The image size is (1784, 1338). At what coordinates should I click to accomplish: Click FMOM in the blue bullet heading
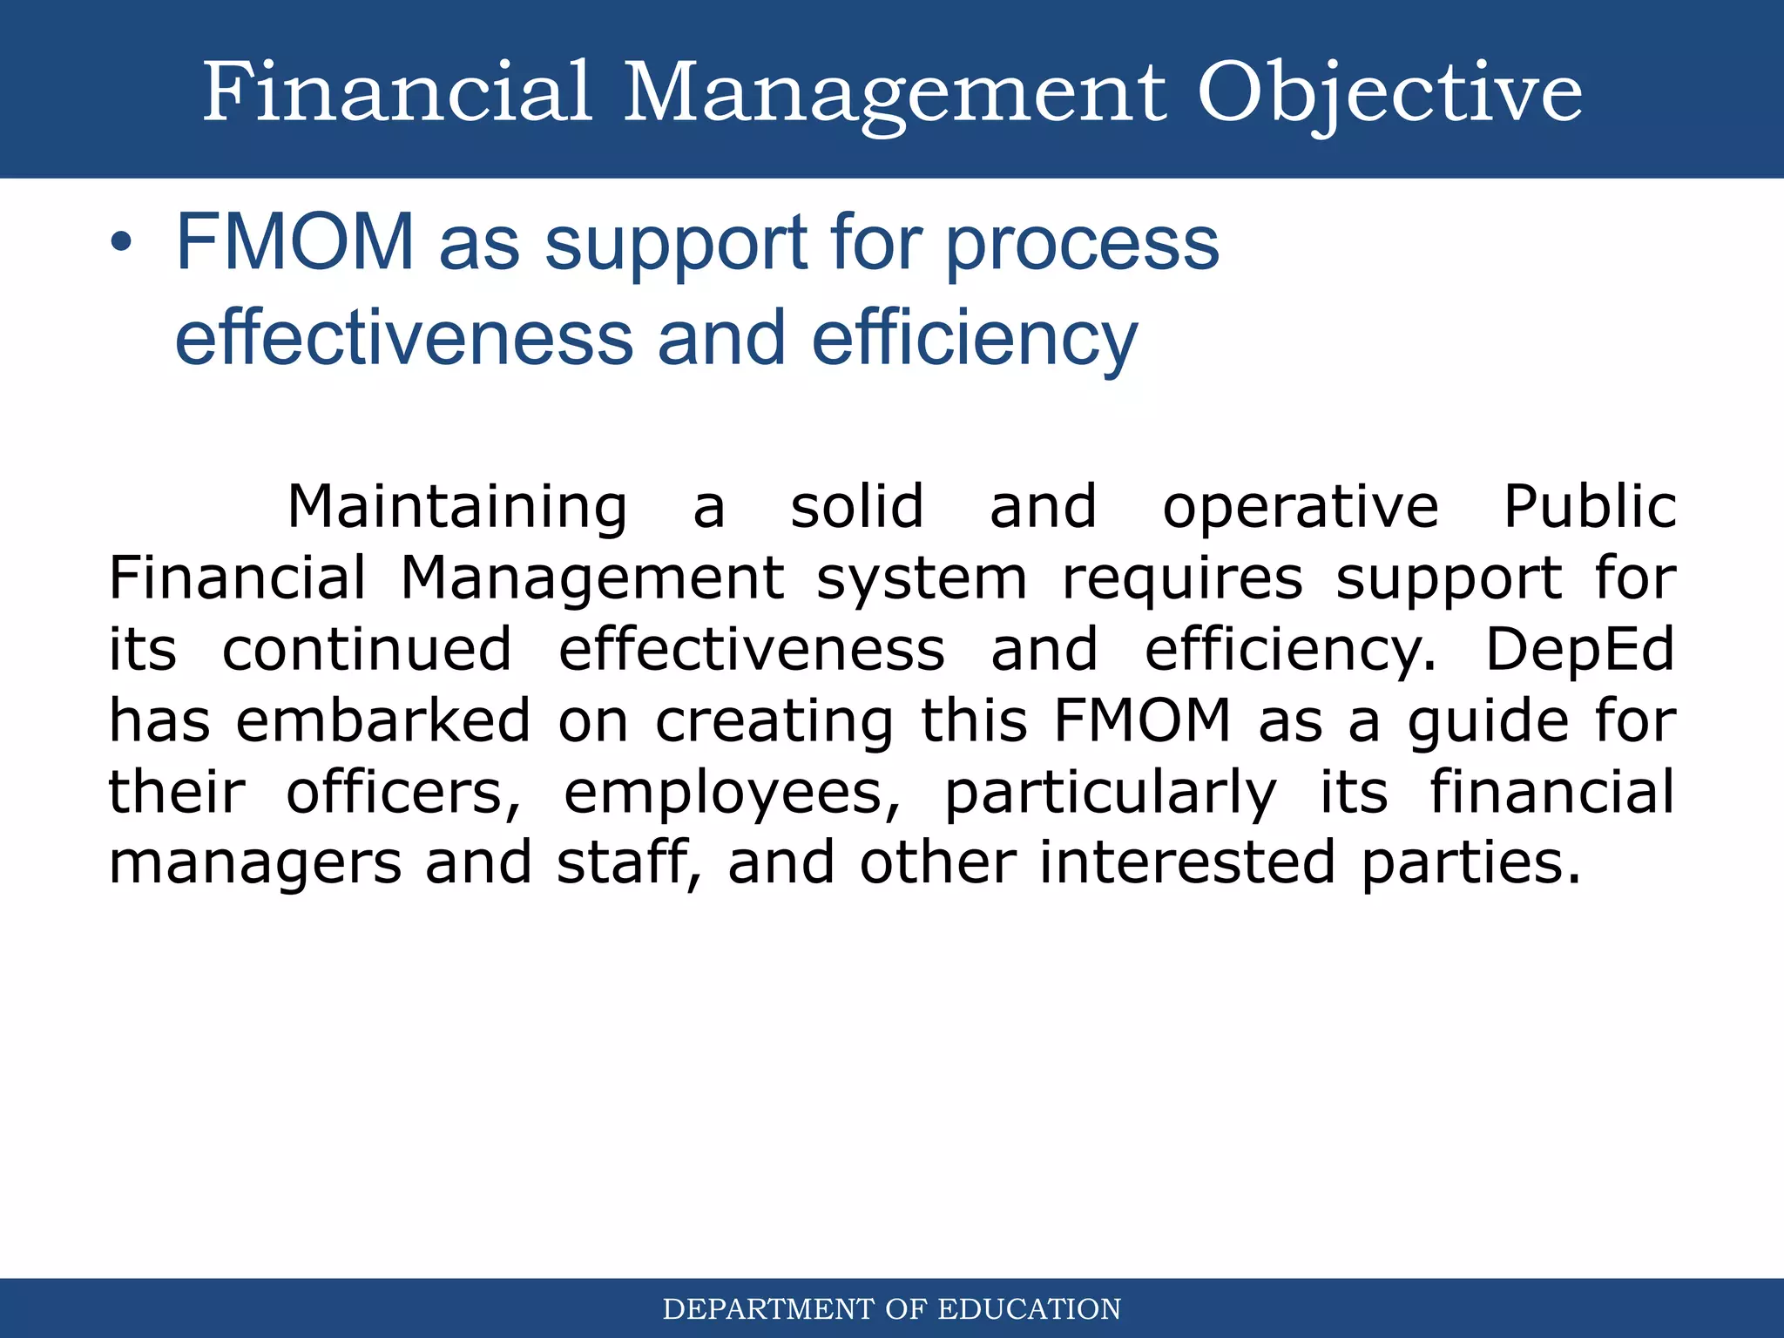(x=294, y=243)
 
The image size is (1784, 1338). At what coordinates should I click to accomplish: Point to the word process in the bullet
(x=1082, y=246)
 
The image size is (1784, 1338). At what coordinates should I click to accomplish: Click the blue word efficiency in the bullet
(x=974, y=340)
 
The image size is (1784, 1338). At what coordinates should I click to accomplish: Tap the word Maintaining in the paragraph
(x=456, y=507)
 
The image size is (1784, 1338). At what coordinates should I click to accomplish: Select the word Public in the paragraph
(x=1590, y=507)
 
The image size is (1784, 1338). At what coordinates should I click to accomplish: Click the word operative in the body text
(x=1300, y=507)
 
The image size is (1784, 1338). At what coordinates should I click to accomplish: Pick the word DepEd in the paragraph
(x=1579, y=650)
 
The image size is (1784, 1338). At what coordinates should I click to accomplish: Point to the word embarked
(x=382, y=721)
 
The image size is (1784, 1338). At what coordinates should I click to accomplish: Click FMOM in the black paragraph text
(x=1142, y=721)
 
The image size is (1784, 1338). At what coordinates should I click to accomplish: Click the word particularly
(x=1111, y=794)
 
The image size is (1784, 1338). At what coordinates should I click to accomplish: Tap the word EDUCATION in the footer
(x=1029, y=1309)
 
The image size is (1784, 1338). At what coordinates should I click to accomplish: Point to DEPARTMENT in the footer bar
(x=768, y=1309)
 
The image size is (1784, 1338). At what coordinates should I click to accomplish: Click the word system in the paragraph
(x=922, y=580)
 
